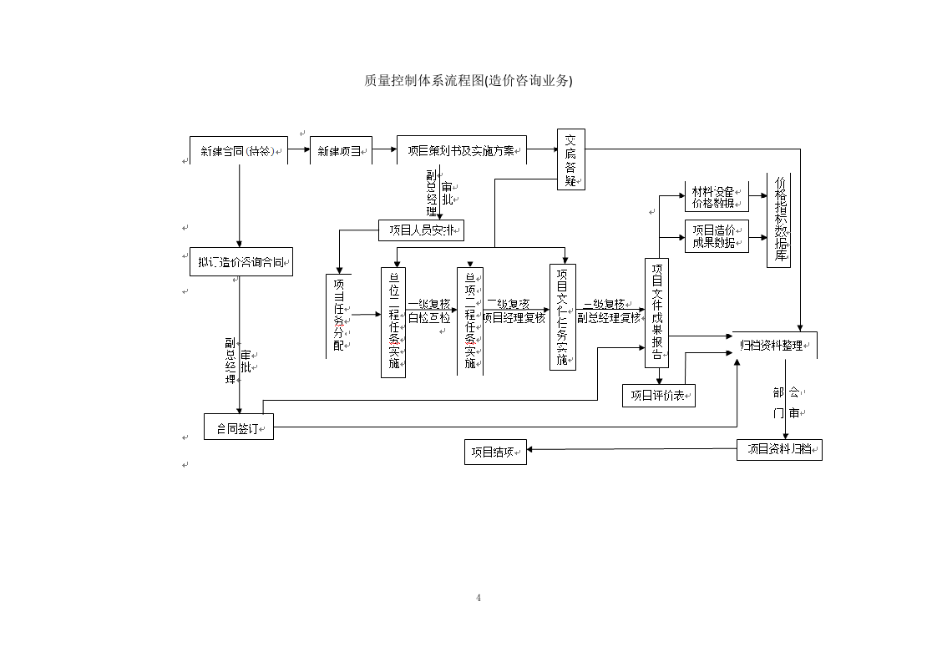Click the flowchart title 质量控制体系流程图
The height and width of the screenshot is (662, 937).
[468, 80]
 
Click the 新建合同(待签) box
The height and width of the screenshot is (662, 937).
[238, 151]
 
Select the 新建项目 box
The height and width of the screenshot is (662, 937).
[341, 151]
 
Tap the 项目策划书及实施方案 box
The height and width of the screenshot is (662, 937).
[461, 151]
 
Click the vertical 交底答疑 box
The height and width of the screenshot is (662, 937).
[571, 159]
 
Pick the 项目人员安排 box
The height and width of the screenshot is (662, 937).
[421, 230]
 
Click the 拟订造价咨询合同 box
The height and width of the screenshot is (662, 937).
[241, 262]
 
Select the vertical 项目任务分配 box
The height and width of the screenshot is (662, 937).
[339, 316]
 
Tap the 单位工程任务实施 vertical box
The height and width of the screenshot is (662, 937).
[393, 322]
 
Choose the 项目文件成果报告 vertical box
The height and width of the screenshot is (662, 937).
[657, 313]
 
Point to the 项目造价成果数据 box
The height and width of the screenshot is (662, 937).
[717, 236]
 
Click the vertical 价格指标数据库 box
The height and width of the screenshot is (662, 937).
[779, 220]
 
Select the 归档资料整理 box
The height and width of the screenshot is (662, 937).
[773, 345]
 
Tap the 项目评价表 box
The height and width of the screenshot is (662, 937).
[659, 396]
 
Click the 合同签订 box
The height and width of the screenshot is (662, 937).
[239, 427]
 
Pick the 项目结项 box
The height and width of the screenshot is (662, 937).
[495, 452]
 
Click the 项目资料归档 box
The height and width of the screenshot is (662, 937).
[779, 449]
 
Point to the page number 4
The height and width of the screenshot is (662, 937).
[479, 598]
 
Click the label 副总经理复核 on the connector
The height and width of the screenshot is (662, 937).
[610, 318]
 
